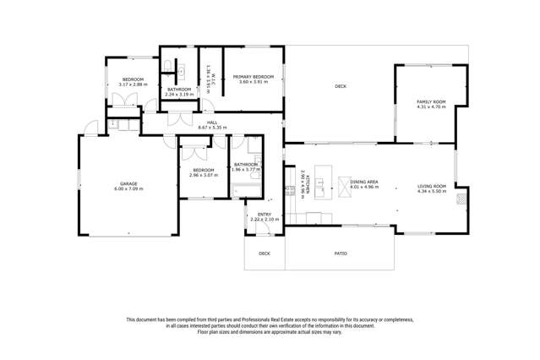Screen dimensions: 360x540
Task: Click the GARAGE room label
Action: [129, 183]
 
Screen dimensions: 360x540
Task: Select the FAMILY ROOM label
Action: [430, 102]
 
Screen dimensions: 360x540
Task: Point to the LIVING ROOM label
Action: [430, 187]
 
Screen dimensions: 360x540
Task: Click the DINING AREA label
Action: [363, 182]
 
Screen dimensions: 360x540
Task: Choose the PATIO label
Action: [341, 253]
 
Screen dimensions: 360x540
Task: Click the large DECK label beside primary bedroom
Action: [341, 86]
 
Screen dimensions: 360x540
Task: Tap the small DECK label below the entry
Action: [265, 253]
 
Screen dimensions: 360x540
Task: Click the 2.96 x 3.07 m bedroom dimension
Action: [202, 175]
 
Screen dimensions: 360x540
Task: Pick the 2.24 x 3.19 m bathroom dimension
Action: [178, 94]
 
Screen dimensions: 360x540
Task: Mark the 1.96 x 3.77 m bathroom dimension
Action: [246, 169]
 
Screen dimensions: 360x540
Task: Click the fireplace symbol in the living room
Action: [461, 200]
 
